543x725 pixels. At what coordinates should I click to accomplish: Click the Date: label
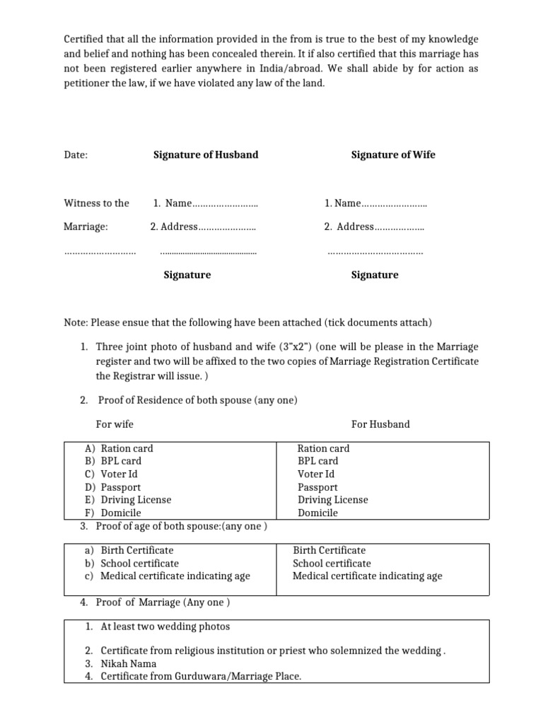click(x=76, y=155)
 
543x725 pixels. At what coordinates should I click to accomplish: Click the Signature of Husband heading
click(x=206, y=155)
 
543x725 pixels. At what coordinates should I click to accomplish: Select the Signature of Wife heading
click(x=393, y=155)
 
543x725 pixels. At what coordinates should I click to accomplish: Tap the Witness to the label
click(x=97, y=203)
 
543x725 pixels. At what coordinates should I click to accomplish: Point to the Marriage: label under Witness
click(x=86, y=227)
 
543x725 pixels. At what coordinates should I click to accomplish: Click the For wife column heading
click(x=115, y=424)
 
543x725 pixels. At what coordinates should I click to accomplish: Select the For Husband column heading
click(x=380, y=424)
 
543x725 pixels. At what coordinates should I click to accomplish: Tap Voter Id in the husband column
click(x=316, y=474)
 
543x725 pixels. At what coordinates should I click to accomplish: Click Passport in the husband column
click(x=317, y=487)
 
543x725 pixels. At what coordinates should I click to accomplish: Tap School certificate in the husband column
click(x=332, y=564)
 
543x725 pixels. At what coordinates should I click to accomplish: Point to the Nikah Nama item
click(x=128, y=664)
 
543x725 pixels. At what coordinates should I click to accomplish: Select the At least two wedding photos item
click(x=165, y=627)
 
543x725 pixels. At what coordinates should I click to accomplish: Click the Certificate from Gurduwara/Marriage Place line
click(x=201, y=677)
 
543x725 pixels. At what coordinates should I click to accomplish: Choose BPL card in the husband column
click(x=318, y=461)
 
